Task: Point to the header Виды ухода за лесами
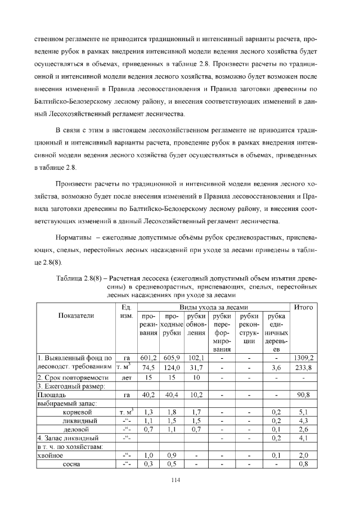coord(214,307)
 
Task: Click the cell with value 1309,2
coord(304,358)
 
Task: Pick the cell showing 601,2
coord(148,358)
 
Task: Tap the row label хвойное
coord(52,455)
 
